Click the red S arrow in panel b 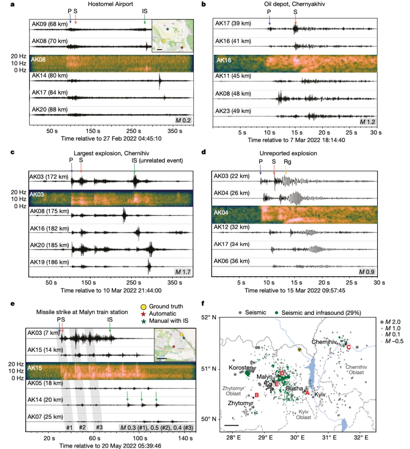coord(296,20)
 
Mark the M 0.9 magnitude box coord(367,272)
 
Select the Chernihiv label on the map coord(324,341)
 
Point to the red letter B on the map coord(257,396)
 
